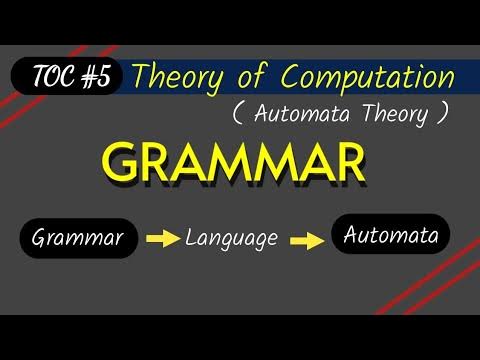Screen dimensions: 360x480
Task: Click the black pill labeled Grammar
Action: pos(77,239)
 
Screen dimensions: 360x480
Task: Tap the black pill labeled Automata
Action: pos(391,235)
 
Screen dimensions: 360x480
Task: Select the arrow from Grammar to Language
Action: pos(161,240)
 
